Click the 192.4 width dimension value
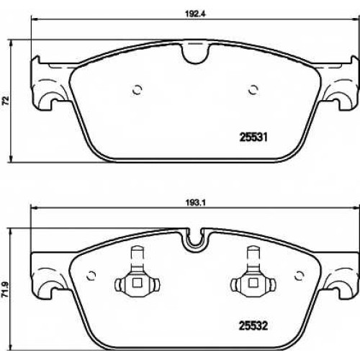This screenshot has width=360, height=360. point(196,14)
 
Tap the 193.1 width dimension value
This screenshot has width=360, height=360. point(196,203)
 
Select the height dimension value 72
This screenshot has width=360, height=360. point(5,100)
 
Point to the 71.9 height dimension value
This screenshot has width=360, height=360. point(5,290)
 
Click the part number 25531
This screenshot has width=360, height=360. point(253,138)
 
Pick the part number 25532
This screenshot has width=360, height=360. point(253,326)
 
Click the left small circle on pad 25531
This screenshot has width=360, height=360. point(138,90)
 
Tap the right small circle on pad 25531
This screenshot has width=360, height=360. point(253,90)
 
